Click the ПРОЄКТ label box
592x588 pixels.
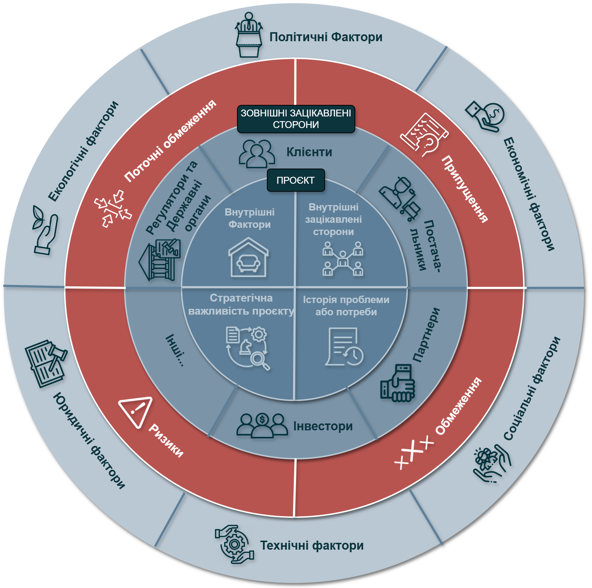[x=296, y=180]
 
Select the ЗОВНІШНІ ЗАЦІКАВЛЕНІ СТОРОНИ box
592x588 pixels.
[x=296, y=119]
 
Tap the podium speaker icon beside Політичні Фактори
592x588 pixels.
[x=249, y=35]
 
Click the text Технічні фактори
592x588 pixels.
[x=312, y=545]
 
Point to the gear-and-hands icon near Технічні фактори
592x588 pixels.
[x=234, y=544]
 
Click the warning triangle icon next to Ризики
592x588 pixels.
[x=136, y=412]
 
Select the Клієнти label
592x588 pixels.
[x=309, y=152]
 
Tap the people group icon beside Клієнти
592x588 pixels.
[x=257, y=154]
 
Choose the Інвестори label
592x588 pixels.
[x=323, y=426]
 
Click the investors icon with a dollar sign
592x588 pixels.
[x=262, y=426]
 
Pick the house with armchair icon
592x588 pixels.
[x=249, y=257]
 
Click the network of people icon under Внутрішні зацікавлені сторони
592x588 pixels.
[x=343, y=259]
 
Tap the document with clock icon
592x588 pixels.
[x=344, y=347]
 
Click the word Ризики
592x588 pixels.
[x=166, y=440]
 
